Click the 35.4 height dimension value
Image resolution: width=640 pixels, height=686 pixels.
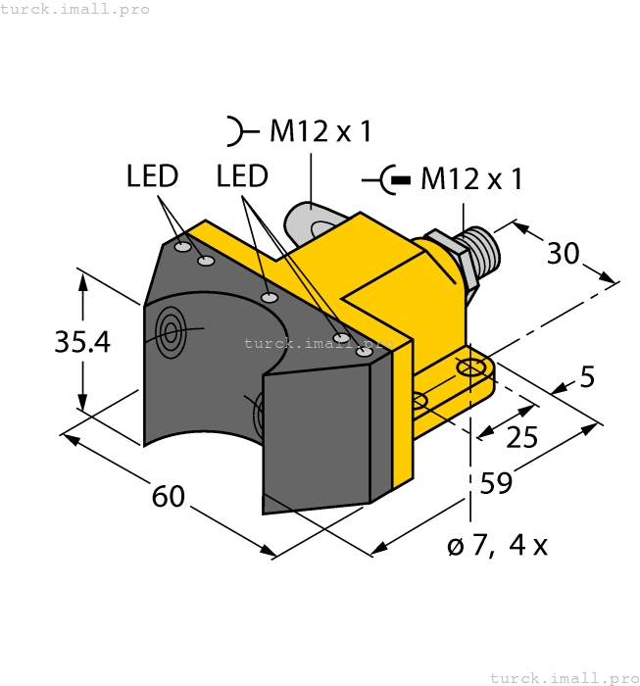[x=82, y=342]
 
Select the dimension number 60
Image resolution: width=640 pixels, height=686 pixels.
[x=169, y=497]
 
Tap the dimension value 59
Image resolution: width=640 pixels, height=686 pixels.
[x=496, y=484]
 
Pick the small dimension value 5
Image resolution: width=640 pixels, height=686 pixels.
[x=587, y=376]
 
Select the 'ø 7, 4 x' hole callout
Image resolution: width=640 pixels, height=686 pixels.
[x=497, y=546]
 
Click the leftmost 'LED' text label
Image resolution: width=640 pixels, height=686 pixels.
[x=152, y=176]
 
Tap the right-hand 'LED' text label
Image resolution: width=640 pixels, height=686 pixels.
[x=242, y=176]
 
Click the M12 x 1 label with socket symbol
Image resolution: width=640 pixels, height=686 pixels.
[x=320, y=131]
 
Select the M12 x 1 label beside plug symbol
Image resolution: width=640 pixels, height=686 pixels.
[x=470, y=179]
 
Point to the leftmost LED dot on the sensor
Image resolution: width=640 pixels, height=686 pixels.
[x=182, y=248]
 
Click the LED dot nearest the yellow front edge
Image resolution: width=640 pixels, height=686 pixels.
[x=365, y=351]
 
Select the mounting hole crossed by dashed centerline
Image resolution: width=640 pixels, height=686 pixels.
[x=472, y=368]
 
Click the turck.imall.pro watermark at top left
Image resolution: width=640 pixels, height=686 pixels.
[x=75, y=9]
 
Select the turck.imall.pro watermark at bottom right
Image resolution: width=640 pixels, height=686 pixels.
[x=563, y=677]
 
